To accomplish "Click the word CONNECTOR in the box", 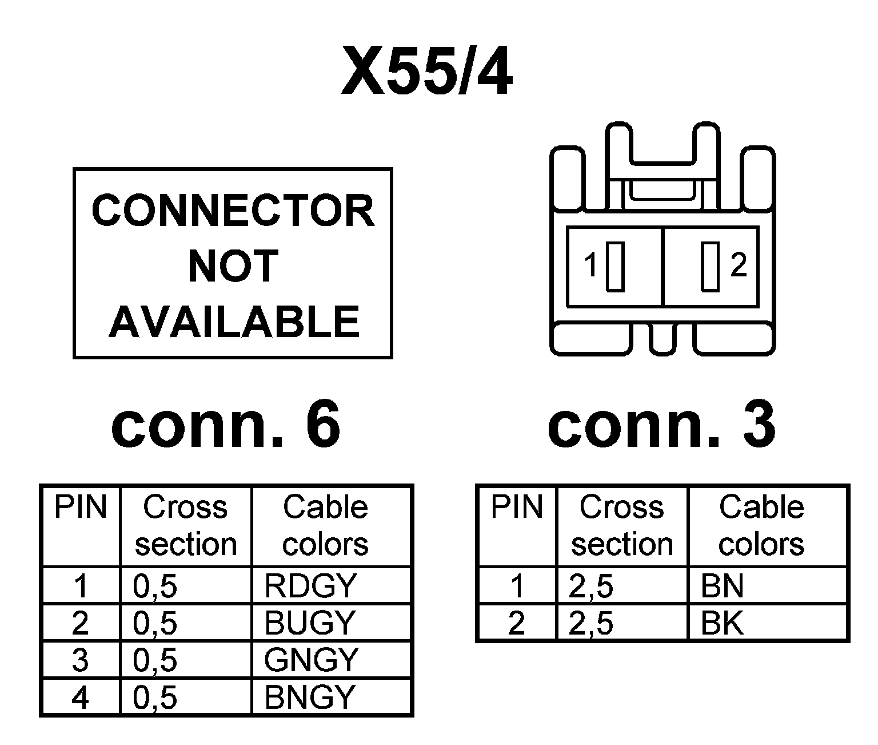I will pos(233,211).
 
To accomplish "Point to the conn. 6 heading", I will pos(226,426).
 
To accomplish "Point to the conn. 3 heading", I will pos(661,426).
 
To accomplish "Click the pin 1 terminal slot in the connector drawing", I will pos(615,266).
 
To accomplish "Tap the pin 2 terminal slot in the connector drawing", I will pos(710,266).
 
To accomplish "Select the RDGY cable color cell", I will pos(330,586).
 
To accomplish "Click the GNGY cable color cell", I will pos(330,660).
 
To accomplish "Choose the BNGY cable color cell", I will pos(330,698).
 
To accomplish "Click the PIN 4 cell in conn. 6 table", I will pos(81,698).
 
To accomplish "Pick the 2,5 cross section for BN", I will pos(622,586).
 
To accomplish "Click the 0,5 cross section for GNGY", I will pos(186,660).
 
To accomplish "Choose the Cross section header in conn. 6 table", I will pos(186,525).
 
